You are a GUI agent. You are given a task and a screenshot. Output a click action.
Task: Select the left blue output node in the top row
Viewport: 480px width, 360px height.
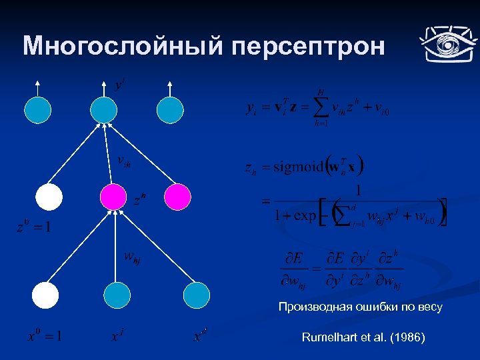pos(38,110)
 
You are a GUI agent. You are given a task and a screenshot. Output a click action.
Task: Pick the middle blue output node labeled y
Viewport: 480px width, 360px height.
pos(104,110)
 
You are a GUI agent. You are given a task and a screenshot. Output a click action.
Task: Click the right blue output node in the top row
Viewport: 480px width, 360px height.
pos(170,110)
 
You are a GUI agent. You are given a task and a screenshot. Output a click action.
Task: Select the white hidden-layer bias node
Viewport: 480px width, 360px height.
pos(49,197)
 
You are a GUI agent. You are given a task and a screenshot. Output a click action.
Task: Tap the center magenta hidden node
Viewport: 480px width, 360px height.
pos(113,197)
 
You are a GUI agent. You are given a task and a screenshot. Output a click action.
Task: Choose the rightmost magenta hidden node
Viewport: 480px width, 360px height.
pos(177,197)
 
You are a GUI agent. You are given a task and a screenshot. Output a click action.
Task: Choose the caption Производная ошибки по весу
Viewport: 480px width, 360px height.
pos(360,307)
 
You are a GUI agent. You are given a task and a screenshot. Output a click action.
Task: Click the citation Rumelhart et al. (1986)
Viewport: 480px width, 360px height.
pos(363,337)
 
